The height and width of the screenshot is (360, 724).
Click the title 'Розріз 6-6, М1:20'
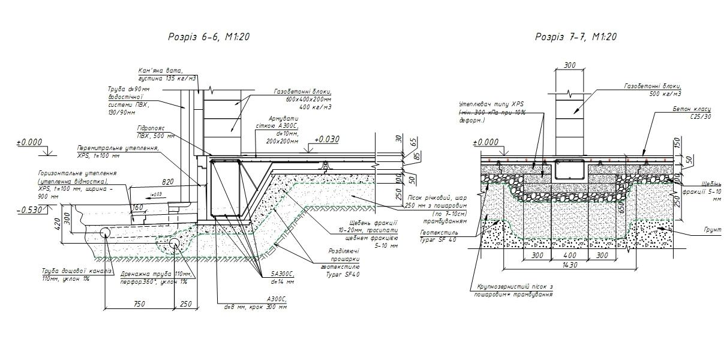pos(209,37)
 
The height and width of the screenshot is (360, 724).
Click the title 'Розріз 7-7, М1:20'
pos(576,37)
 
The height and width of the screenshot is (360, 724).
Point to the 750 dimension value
pos(139,304)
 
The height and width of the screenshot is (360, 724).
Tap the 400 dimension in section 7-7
pos(563,255)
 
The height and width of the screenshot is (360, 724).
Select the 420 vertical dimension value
pos(58,224)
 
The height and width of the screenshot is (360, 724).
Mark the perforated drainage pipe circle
pos(175,243)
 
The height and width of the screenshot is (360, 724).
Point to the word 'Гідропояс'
pos(151,128)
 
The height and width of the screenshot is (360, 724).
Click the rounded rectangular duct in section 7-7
pos(567,170)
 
